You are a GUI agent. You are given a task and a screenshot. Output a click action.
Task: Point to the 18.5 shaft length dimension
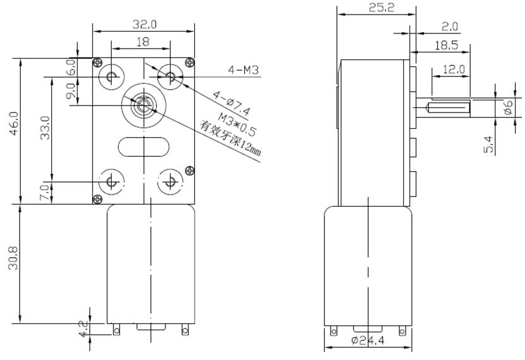click(445, 45)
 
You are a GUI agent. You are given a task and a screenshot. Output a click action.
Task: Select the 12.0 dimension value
click(452, 69)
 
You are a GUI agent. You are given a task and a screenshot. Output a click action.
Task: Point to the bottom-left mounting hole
click(112, 182)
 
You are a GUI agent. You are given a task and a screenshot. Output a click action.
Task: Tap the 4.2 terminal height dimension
click(81, 329)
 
